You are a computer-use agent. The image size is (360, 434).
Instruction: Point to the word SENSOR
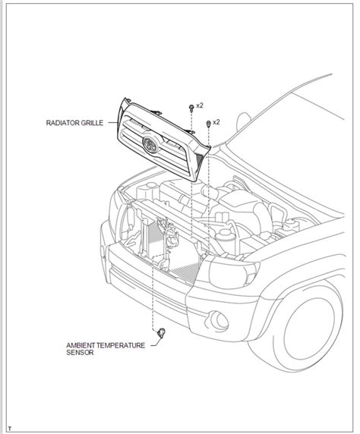pos(80,353)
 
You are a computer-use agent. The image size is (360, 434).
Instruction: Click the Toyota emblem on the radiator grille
pos(150,144)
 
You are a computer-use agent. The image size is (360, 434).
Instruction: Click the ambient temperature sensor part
pos(161,332)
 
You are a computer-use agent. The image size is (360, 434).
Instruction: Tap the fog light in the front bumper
pos(218,321)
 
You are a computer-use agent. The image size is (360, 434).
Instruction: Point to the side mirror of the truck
pos(243,122)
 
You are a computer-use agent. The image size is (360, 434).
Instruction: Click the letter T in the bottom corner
pos(10,429)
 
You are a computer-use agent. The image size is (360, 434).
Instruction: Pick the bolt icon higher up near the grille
pos(191,108)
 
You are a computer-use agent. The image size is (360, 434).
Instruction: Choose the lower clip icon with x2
pos(208,124)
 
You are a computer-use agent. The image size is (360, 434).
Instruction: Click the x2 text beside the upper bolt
pos(200,105)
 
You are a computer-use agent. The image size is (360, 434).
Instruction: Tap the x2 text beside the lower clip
pos(216,122)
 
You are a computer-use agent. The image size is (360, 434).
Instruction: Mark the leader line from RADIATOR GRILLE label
pos(112,123)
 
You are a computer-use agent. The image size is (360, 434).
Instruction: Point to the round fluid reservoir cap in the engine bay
pos(225,234)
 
